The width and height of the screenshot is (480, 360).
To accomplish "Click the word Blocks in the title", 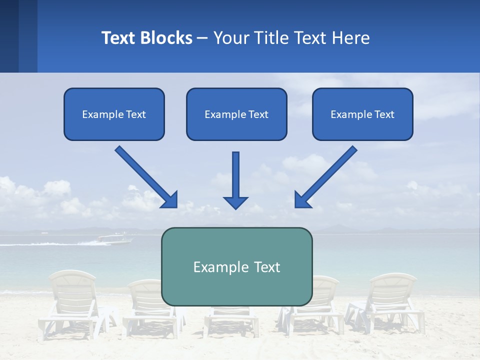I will pos(165,38).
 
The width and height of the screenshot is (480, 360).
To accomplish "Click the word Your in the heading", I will pos(231,38).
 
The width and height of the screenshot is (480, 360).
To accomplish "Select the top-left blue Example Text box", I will pos(114,114).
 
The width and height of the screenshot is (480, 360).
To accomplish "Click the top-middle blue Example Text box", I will pos(236,114).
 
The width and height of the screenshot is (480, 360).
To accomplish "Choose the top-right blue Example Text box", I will pos(362,114).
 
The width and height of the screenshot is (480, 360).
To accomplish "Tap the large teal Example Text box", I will pos(236,266).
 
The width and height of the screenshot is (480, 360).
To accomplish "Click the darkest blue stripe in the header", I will pos(9,36).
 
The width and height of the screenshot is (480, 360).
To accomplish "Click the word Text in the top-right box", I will pos(384,114).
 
